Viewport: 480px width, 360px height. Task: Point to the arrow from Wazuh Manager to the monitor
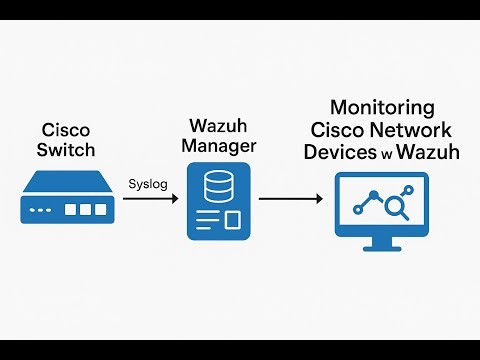click(291, 200)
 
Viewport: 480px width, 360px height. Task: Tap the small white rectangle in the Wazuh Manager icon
click(231, 220)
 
